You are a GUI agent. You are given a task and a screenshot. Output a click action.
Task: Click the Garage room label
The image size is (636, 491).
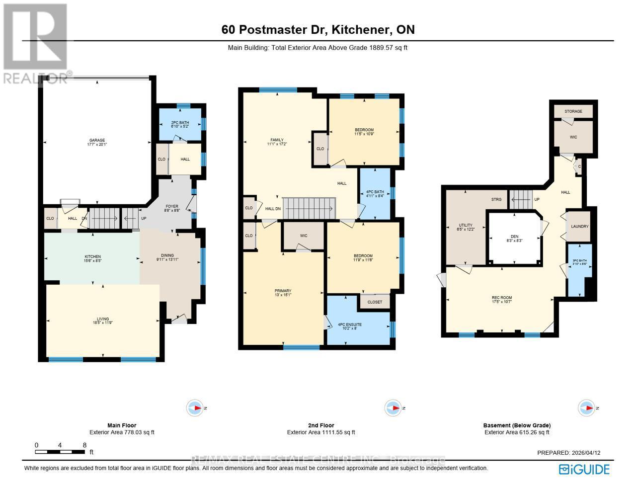tap(97, 140)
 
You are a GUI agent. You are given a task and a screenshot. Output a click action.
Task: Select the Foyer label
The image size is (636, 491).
tap(171, 207)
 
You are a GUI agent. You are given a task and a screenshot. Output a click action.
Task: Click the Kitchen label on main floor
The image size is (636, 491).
tap(92, 257)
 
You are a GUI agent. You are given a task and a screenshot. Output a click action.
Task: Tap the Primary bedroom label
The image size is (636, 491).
tap(283, 291)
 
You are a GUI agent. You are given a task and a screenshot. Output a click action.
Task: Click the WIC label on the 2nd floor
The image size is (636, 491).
tap(304, 236)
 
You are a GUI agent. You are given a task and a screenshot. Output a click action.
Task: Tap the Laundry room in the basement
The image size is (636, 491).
tap(579, 227)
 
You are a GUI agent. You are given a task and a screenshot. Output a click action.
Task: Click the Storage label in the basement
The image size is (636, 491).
tap(573, 111)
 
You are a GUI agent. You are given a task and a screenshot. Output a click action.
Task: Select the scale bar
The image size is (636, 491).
tap(60, 452)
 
